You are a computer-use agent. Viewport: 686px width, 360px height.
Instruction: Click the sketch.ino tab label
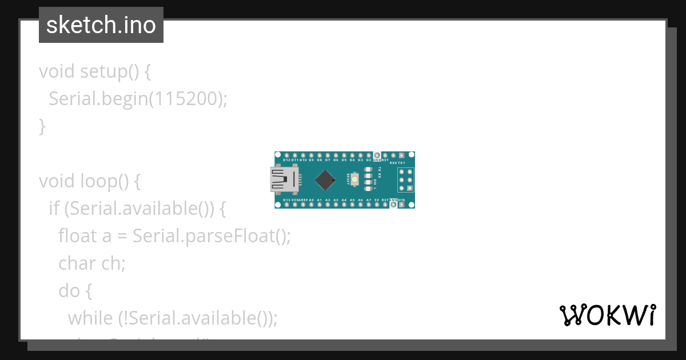(x=101, y=25)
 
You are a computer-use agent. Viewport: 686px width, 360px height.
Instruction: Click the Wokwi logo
(x=607, y=315)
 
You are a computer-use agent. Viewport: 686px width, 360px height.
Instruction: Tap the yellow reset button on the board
(x=354, y=180)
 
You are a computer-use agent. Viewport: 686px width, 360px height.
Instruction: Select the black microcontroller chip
(x=325, y=180)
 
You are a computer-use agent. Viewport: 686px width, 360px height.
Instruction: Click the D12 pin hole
(x=278, y=155)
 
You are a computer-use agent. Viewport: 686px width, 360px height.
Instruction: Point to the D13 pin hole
(x=278, y=205)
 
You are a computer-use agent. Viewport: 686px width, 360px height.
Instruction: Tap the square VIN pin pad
(x=401, y=205)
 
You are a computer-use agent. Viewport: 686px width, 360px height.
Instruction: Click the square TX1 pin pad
(x=401, y=155)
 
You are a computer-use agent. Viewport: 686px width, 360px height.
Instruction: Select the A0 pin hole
(x=311, y=205)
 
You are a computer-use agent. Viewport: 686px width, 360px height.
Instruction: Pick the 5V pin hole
(x=377, y=205)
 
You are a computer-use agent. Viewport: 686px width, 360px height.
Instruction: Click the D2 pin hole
(x=369, y=155)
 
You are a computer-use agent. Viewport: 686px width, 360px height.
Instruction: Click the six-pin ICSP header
(x=406, y=180)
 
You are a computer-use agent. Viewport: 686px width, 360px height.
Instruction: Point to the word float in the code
(x=77, y=235)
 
